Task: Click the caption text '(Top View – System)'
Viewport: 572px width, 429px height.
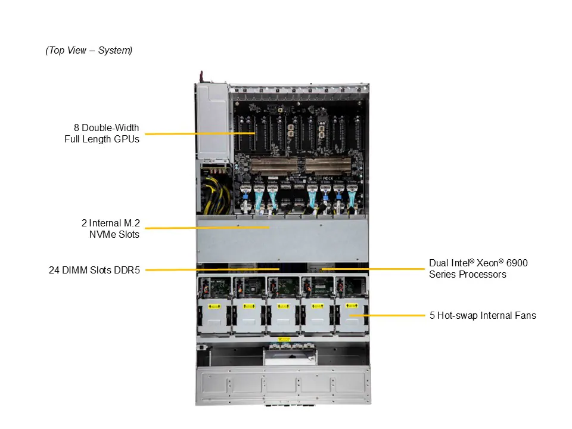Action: (89, 51)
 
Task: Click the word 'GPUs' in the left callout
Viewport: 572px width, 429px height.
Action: (126, 139)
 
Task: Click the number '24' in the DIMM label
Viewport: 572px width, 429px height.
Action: (54, 270)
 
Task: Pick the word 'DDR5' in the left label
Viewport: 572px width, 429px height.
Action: (128, 270)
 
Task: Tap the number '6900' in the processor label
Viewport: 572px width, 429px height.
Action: (515, 263)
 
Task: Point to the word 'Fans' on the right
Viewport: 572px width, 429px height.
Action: (525, 315)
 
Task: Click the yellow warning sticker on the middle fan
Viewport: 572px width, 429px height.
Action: (282, 307)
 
